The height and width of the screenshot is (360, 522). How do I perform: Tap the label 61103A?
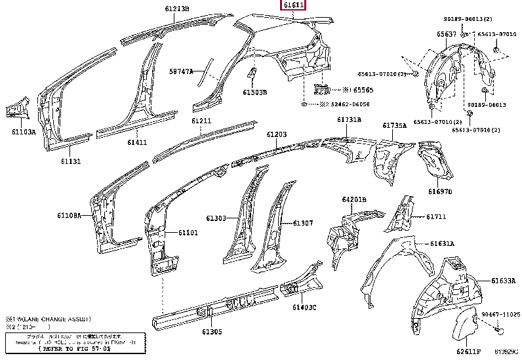point(23,132)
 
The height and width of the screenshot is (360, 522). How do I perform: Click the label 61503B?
point(255,92)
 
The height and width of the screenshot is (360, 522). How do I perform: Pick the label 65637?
point(429,34)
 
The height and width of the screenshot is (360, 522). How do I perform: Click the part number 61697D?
point(441,191)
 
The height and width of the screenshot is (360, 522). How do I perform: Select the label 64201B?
point(354,199)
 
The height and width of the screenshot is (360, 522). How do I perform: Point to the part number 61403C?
point(304,308)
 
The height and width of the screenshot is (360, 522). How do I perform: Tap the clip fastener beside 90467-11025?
point(497,329)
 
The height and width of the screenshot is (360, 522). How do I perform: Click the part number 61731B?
point(349,119)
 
